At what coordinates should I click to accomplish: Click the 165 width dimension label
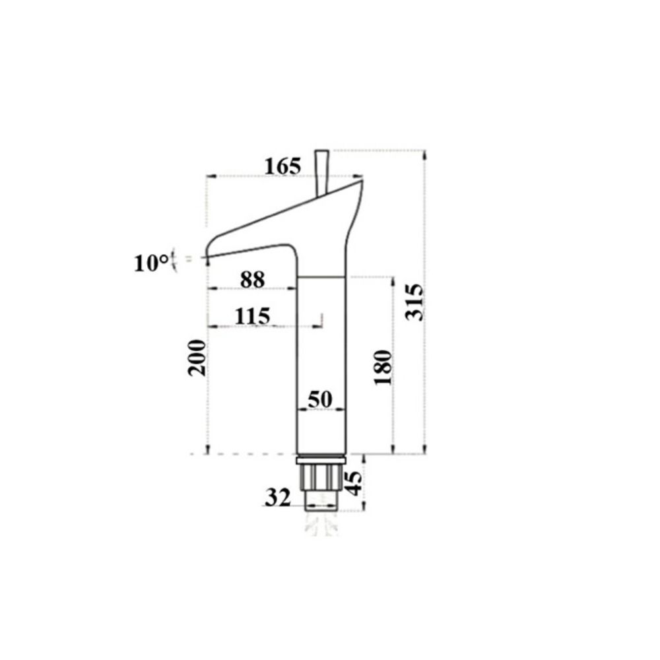point(282,166)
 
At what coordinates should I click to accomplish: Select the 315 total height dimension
point(414,302)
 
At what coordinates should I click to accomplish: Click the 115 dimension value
point(253,316)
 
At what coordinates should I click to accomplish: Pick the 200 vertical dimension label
point(197,358)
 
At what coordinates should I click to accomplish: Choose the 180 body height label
point(383,368)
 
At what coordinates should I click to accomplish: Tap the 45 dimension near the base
point(354,482)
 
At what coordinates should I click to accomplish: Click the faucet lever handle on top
point(322,172)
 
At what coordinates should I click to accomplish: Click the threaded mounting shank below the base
point(321,485)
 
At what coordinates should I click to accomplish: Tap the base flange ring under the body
point(321,459)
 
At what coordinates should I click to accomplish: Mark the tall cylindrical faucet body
point(321,363)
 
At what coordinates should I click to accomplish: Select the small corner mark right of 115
point(320,320)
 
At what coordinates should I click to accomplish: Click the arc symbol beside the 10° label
point(173,259)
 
